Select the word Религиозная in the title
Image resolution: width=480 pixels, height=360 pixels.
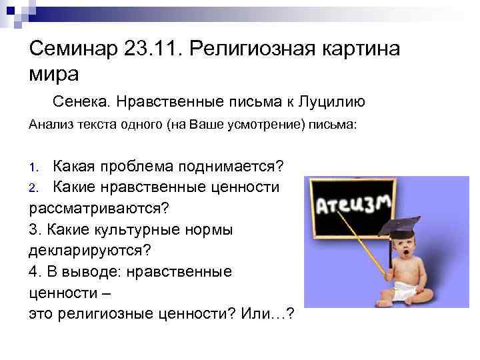(x=256, y=49)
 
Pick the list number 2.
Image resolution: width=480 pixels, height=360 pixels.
(x=37, y=187)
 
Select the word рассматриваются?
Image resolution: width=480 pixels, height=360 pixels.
(x=99, y=208)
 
